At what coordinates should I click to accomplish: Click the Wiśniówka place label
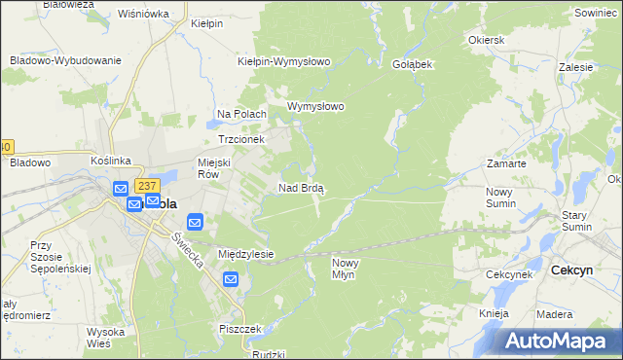coord(142,15)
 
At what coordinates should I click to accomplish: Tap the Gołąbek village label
coord(412,62)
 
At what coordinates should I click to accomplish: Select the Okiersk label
coord(486,41)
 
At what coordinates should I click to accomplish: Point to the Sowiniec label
coord(596,14)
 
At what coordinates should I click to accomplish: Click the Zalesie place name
coord(576,68)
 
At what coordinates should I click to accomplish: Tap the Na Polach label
coord(241,115)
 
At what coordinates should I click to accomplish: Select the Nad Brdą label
coord(301,188)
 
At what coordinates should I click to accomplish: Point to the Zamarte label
coord(506,164)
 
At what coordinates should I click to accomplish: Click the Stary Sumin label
coord(581,220)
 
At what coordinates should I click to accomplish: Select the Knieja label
coord(495,313)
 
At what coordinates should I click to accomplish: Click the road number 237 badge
coord(147,186)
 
